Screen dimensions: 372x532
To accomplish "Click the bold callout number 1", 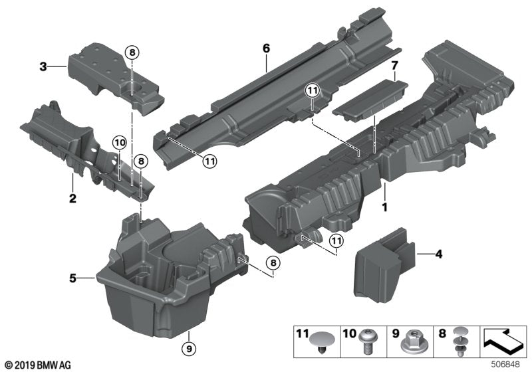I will click(x=384, y=207).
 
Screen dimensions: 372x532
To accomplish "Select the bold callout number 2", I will click(x=72, y=199).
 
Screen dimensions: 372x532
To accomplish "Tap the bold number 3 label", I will click(x=43, y=66).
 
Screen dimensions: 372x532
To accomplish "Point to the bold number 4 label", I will click(x=438, y=253).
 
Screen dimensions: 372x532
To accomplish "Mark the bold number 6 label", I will click(x=266, y=48).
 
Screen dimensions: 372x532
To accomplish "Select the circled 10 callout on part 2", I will click(x=119, y=141).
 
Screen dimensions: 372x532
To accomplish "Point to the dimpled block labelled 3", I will click(x=106, y=66).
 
